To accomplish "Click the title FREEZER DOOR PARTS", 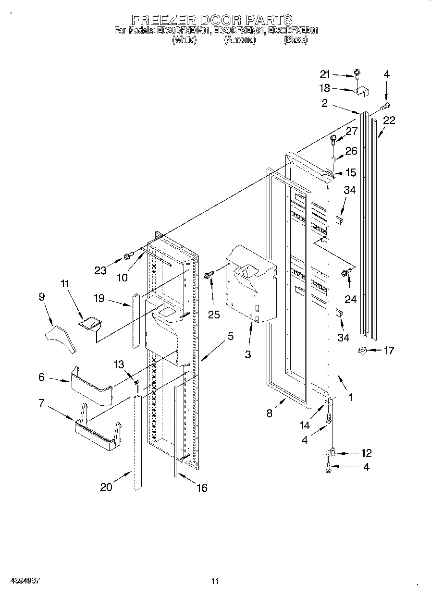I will point(212,20).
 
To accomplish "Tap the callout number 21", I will point(325,74).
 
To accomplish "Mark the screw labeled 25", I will point(208,275).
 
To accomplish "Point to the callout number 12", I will point(366,453).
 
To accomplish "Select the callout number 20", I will point(106,486).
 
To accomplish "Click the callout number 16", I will point(201,488).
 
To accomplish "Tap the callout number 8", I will point(269,413).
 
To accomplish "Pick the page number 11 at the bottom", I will point(215,581).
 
